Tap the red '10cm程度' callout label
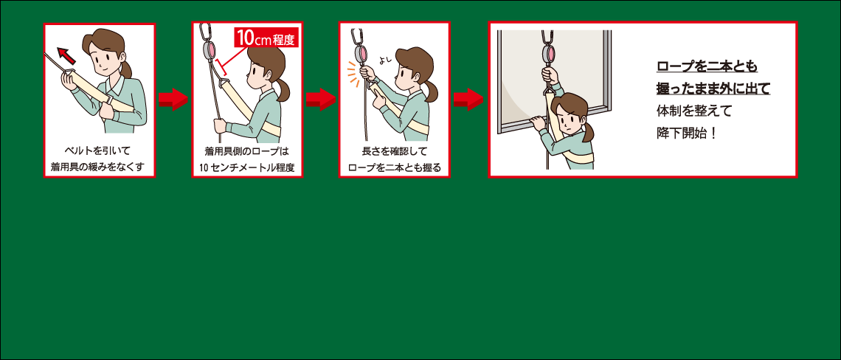click(x=266, y=38)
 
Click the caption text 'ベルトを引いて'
click(x=99, y=150)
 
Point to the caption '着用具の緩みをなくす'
click(x=99, y=167)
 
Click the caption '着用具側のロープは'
click(x=247, y=150)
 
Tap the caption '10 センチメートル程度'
click(x=247, y=167)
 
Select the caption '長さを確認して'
click(x=395, y=150)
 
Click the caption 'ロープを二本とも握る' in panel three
click(x=395, y=167)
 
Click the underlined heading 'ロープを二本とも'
click(x=707, y=67)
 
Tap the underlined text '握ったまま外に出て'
click(x=713, y=89)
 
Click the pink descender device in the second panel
click(x=209, y=51)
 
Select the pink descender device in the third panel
click(x=361, y=53)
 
